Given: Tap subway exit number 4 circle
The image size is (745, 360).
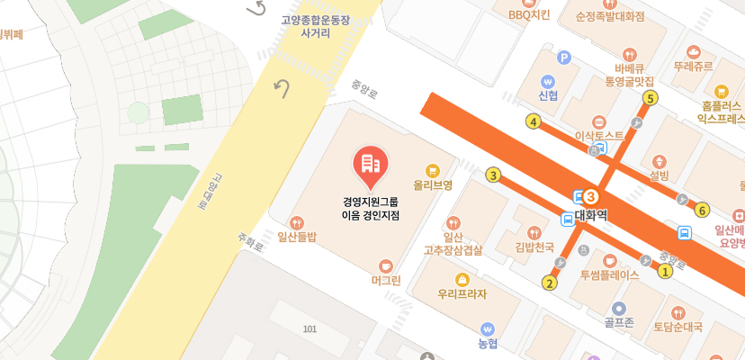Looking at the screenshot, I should (534, 121).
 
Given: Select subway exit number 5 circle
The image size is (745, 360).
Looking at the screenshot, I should (651, 98).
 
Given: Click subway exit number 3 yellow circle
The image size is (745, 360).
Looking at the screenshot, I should (492, 175).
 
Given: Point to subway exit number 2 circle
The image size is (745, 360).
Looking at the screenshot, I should (550, 283).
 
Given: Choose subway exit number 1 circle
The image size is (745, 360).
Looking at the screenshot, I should (666, 270).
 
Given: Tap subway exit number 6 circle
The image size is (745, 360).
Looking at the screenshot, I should (703, 211).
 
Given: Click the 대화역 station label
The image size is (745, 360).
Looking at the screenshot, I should (591, 215).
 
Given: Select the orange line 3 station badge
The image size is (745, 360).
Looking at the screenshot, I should (591, 195).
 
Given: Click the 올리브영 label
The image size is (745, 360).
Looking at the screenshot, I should (433, 184).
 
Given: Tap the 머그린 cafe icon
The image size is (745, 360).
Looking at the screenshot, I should (386, 265).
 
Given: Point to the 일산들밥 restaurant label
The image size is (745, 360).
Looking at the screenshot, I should (297, 238).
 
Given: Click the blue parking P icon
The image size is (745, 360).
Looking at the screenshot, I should (565, 58).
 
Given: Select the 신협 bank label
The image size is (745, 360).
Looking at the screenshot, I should (548, 94).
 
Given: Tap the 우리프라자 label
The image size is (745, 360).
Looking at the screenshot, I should (462, 293).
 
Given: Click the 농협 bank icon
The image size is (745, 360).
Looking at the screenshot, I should (488, 328).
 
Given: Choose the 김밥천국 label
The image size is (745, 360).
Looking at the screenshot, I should (534, 247).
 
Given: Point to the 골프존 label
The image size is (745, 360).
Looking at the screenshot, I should (619, 321).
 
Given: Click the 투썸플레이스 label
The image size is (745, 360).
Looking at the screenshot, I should (609, 274).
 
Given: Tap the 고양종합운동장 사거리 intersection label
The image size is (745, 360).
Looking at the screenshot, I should (316, 25).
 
